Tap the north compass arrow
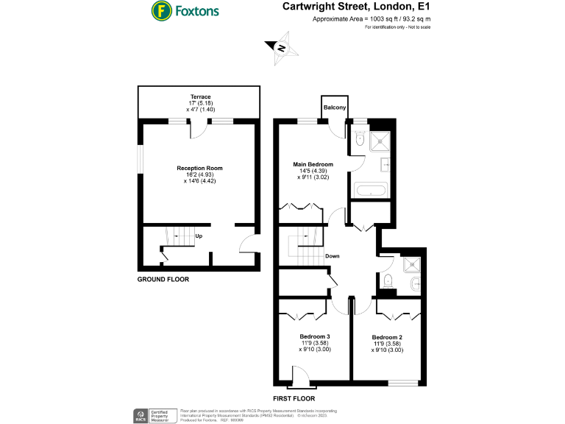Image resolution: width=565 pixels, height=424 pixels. pos(281,49)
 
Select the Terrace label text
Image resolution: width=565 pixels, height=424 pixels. pos(200,97)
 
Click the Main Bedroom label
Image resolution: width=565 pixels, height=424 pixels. pos(313,164)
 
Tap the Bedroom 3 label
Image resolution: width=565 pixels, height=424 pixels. pos(315,337)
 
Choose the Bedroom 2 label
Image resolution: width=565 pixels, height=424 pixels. pos(386,337)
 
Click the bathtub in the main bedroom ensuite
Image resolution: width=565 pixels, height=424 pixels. pos(370,190)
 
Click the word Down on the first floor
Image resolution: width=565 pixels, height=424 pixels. pos(333,257)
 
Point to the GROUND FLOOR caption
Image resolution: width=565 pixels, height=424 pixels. pos(163,280)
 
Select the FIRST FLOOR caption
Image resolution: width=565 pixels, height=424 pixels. pos(294,398)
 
